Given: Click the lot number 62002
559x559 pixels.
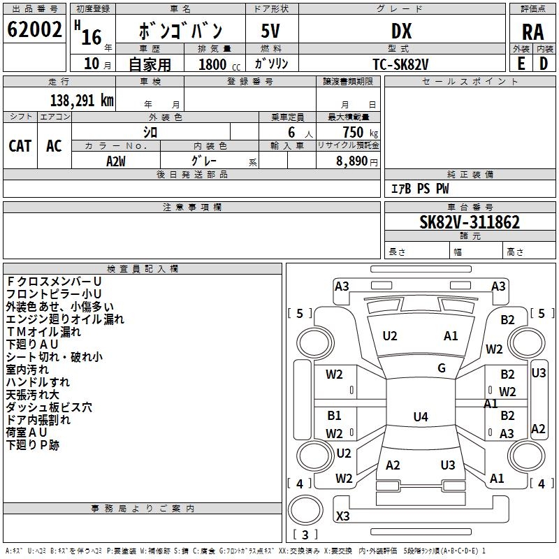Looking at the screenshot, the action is (x=34, y=29).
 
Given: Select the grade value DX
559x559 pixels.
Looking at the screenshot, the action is (x=401, y=31).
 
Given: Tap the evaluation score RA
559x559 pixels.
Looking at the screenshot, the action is (x=532, y=32).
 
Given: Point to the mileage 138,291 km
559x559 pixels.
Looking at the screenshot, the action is (x=82, y=101).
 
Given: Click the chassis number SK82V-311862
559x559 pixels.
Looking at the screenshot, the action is (x=470, y=222).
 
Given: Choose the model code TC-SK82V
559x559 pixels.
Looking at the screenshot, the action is (x=400, y=64).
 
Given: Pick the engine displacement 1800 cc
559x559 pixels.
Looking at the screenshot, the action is (x=219, y=64).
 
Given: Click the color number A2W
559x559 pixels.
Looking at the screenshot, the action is (x=116, y=161).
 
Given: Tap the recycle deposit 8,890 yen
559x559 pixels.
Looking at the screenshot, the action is (x=357, y=161).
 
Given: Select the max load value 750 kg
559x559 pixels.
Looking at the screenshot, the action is (x=361, y=132).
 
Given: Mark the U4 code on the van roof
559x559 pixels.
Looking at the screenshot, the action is (x=421, y=416).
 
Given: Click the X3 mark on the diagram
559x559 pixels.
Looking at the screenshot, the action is (x=343, y=516).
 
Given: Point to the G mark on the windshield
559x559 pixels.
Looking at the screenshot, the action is (x=442, y=368).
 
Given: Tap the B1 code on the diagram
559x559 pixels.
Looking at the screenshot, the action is (x=335, y=415).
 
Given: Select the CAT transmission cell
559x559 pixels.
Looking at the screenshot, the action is (x=20, y=146).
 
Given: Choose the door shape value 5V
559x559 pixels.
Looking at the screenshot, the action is (x=270, y=31).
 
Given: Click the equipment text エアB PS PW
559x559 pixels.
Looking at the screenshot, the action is (x=421, y=189).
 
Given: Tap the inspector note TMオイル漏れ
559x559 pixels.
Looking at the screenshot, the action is (x=43, y=332).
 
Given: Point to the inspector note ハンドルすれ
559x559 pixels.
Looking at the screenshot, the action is (x=38, y=382).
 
